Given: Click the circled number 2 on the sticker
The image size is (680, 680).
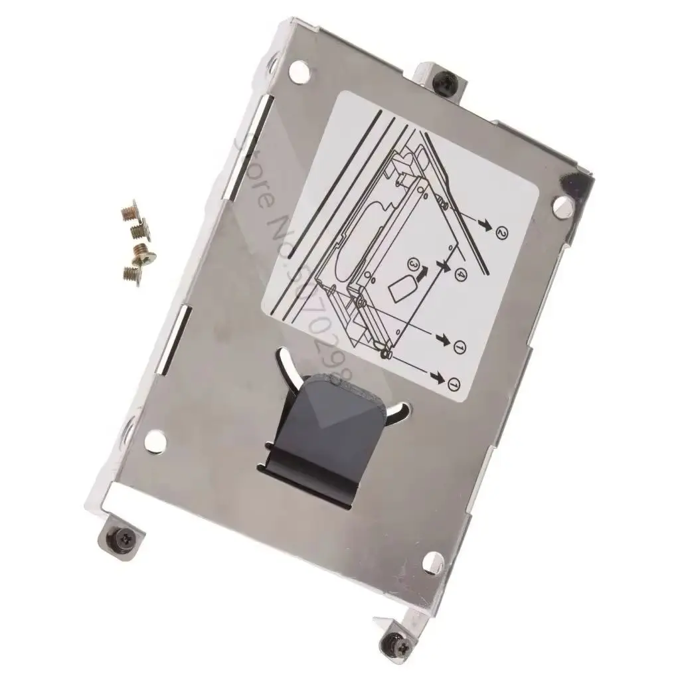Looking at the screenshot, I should point(502,233).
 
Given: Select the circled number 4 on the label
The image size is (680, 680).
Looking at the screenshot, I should point(461,272).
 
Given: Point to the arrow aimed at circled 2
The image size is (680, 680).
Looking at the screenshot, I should point(486,226).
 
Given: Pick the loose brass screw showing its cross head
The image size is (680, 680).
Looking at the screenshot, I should point(141,250).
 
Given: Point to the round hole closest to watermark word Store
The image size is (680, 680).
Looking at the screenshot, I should point(298,68).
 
